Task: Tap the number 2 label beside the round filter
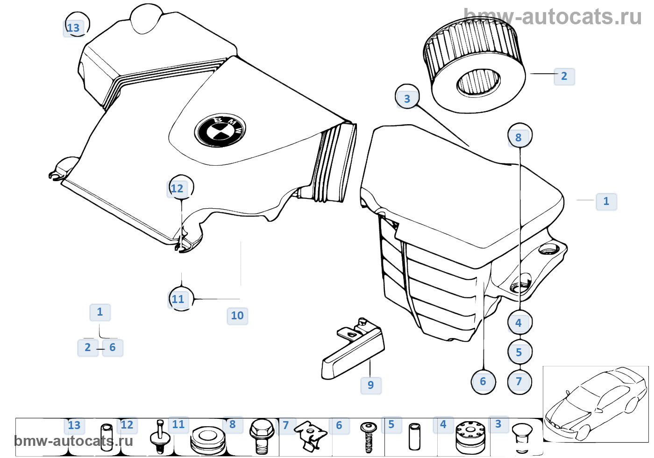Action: coord(564,76)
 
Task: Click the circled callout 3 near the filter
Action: coord(407,98)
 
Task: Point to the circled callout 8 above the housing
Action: coord(519,137)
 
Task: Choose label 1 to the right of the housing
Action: coord(606,201)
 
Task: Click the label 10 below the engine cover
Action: coord(237,316)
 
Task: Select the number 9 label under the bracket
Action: coord(371,385)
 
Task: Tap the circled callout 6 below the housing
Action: coord(483,381)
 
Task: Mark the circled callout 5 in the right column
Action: coord(519,352)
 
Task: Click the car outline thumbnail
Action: coord(595,404)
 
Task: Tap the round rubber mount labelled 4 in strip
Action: coord(470,437)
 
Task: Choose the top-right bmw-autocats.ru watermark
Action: coord(553,17)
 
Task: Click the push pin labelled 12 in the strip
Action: coord(159,437)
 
